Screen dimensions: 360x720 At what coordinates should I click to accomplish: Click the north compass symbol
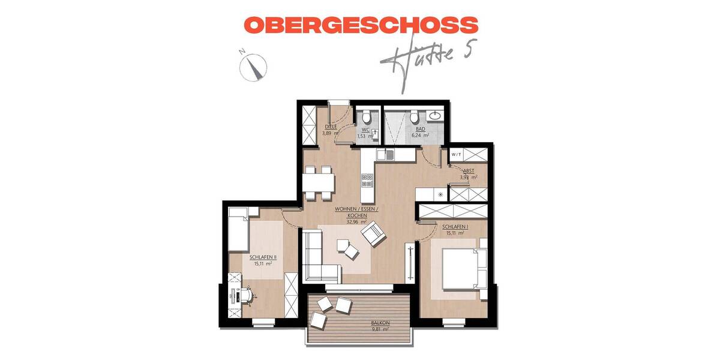[252, 66]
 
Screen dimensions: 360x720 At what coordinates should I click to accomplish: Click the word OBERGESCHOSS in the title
[361, 25]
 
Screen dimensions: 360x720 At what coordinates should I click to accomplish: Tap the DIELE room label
[330, 127]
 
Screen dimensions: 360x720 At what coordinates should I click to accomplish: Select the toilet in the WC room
[365, 116]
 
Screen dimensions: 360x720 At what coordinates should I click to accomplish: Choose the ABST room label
[469, 170]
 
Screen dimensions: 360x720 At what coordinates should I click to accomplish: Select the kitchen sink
[386, 155]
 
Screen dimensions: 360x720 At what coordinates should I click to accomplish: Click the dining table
[318, 181]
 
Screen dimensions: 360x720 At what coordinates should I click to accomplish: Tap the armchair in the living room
[375, 233]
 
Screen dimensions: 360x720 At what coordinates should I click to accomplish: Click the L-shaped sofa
[318, 258]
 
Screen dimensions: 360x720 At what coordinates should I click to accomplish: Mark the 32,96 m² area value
[356, 221]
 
